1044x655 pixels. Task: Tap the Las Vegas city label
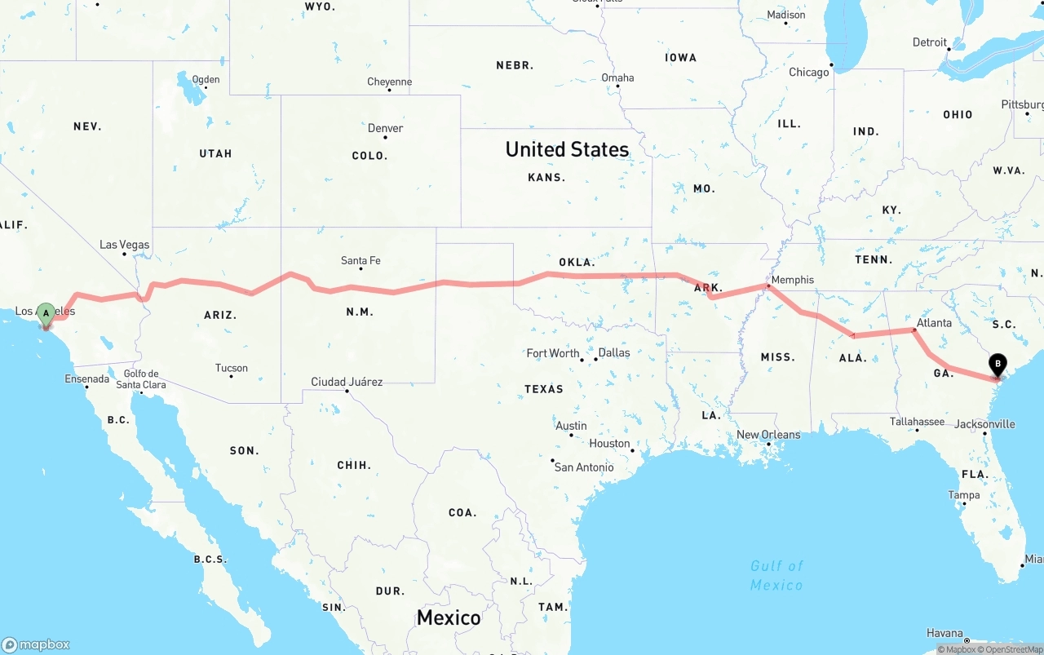pyautogui.click(x=125, y=245)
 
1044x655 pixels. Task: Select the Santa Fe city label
pyautogui.click(x=361, y=261)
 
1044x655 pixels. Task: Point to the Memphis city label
pyautogui.click(x=792, y=280)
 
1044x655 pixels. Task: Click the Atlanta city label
pyautogui.click(x=934, y=323)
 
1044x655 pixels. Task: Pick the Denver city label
pyautogui.click(x=385, y=128)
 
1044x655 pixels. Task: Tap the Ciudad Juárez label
pyautogui.click(x=347, y=382)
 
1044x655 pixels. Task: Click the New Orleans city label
pyautogui.click(x=768, y=435)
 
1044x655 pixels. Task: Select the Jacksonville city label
pyautogui.click(x=984, y=424)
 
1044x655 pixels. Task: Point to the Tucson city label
pyautogui.click(x=232, y=368)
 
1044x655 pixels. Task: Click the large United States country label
pyautogui.click(x=567, y=149)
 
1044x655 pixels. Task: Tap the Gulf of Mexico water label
pyautogui.click(x=776, y=575)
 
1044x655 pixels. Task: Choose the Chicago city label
pyautogui.click(x=808, y=73)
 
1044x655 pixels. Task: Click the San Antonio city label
pyautogui.click(x=584, y=467)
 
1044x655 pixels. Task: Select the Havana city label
pyautogui.click(x=944, y=633)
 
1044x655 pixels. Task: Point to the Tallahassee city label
pyautogui.click(x=918, y=422)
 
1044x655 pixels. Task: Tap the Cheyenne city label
pyautogui.click(x=390, y=82)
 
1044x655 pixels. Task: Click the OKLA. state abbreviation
pyautogui.click(x=577, y=263)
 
